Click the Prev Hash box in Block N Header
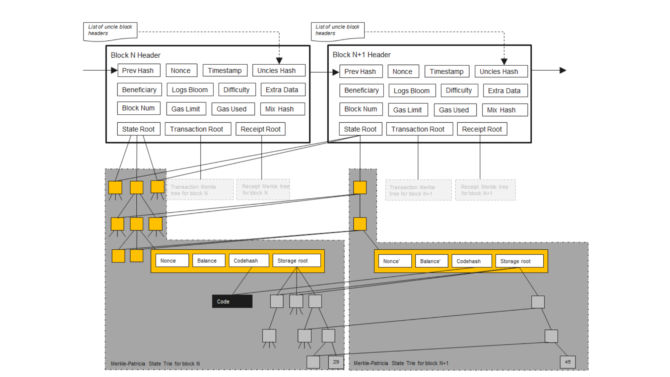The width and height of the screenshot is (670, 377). (x=139, y=71)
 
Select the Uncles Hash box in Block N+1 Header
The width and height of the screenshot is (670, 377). (x=501, y=71)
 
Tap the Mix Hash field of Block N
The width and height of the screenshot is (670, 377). (x=282, y=109)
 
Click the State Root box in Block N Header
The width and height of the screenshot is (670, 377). (x=138, y=129)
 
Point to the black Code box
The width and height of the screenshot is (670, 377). (x=232, y=301)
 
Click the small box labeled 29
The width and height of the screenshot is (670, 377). (x=336, y=362)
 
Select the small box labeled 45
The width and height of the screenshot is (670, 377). (x=567, y=362)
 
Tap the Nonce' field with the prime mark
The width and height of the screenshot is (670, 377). (x=395, y=261)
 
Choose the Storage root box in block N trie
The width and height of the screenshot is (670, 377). (x=296, y=261)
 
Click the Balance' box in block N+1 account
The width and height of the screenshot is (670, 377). (x=431, y=261)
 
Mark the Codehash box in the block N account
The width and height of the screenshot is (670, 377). (x=249, y=261)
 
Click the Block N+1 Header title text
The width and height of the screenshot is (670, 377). (x=361, y=55)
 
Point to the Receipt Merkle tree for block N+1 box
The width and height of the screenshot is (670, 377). (x=485, y=190)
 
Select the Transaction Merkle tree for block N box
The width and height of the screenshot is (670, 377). (x=200, y=190)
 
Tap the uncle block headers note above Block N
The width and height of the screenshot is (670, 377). (x=110, y=31)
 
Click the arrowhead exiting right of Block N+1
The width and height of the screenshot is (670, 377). (x=563, y=70)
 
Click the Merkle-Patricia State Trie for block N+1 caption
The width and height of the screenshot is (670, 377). (x=401, y=363)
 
